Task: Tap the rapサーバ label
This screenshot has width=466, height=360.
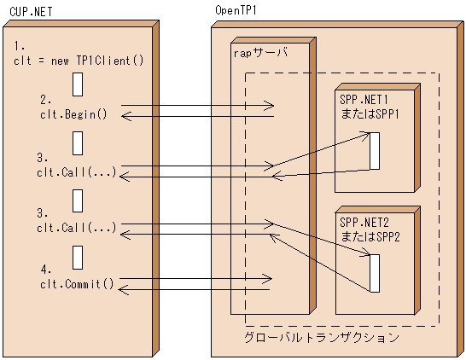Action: click(x=260, y=52)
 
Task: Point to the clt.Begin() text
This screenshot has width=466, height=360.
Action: click(x=73, y=113)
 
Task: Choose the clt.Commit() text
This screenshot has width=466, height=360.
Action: click(x=77, y=283)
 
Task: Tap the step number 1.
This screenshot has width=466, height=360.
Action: click(x=20, y=44)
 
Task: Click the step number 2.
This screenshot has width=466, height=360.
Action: click(x=46, y=100)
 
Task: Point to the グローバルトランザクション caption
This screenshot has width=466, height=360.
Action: click(x=321, y=338)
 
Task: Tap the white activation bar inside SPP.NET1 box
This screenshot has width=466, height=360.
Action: click(x=374, y=151)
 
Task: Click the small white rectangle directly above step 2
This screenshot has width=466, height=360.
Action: click(x=78, y=84)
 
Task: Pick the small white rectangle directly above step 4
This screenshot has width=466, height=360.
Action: click(x=78, y=255)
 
